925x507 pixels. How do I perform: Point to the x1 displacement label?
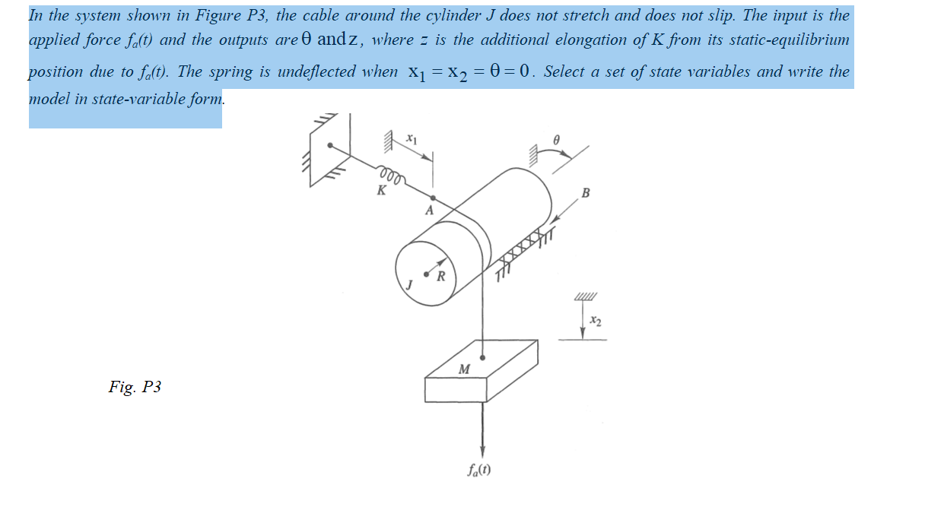[x=411, y=139]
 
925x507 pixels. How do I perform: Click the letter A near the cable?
[x=429, y=211]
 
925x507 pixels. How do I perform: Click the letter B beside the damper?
[x=584, y=192]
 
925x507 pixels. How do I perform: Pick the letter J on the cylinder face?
[x=408, y=284]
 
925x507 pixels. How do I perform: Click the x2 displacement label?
[x=596, y=322]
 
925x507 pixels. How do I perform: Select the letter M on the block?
[x=463, y=369]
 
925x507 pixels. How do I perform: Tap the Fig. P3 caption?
[x=135, y=388]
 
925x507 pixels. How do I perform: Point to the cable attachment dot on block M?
[x=483, y=356]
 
